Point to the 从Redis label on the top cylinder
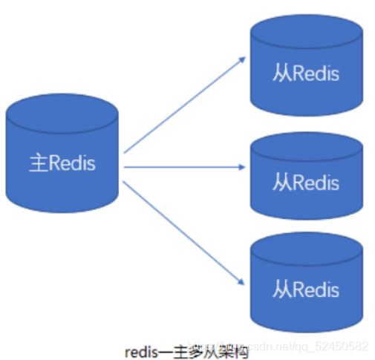pyautogui.click(x=306, y=74)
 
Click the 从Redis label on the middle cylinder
pyautogui.click(x=306, y=182)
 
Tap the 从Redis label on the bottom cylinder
pyautogui.click(x=306, y=288)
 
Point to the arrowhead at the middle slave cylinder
pyautogui.click(x=243, y=167)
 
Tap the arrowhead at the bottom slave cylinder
pyautogui.click(x=241, y=281)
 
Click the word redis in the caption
pyautogui.click(x=141, y=347)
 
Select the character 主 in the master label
pyautogui.click(x=37, y=163)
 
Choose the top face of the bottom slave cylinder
pyautogui.click(x=306, y=248)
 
